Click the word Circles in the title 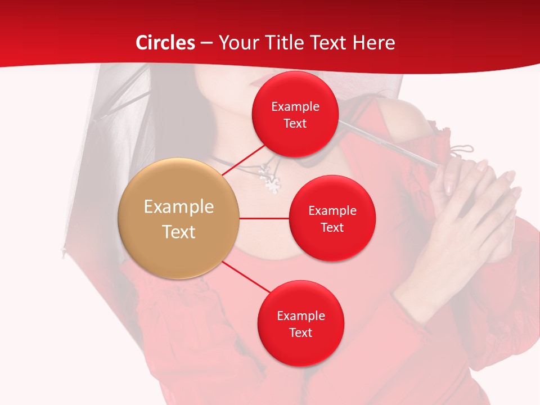point(165,43)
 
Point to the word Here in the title point(373,43)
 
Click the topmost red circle point(295,114)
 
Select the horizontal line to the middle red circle point(264,218)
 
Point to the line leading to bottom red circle point(246,277)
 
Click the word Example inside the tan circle point(178,207)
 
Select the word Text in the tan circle point(178,232)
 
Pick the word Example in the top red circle point(295,107)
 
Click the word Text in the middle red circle point(332,227)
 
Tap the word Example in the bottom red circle point(300,316)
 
